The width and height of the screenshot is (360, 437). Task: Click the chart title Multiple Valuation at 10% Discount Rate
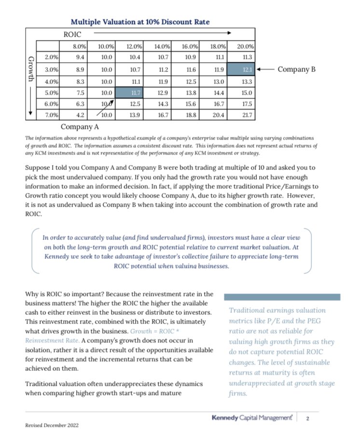[140, 22]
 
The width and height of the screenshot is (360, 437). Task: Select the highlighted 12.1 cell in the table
[246, 70]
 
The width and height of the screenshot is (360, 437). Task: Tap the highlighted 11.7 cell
[135, 92]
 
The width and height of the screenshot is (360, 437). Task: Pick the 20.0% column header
[246, 47]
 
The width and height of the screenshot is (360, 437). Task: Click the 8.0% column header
[79, 47]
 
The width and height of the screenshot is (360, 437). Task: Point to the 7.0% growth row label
[51, 115]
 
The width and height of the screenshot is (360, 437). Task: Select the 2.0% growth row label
[51, 57]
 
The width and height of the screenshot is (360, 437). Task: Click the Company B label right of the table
[296, 70]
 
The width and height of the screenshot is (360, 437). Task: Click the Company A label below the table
[80, 127]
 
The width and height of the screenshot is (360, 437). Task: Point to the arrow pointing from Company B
[265, 70]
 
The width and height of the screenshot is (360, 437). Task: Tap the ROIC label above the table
[72, 34]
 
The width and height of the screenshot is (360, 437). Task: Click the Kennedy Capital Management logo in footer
[251, 417]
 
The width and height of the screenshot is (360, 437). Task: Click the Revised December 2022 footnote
[52, 425]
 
